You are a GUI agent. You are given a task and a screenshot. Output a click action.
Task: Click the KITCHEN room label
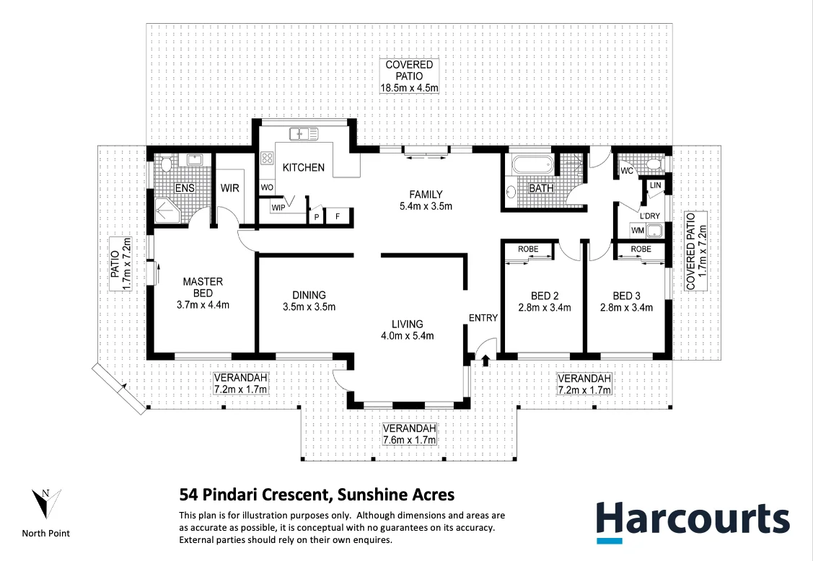point(303,168)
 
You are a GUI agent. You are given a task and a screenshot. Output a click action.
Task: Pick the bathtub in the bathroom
point(532,164)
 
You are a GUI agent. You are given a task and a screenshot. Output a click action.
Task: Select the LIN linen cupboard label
point(654,185)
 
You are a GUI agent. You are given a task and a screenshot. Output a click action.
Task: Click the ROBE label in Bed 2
point(528,249)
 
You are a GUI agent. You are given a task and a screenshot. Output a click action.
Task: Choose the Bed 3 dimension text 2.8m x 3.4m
point(626,307)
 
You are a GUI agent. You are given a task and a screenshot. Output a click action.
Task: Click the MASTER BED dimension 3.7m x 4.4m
point(203,304)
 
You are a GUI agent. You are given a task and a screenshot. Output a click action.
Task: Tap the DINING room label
point(309,295)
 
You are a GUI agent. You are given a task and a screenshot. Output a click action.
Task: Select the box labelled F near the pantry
point(336,216)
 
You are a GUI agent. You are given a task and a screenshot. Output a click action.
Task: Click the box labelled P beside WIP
point(316,216)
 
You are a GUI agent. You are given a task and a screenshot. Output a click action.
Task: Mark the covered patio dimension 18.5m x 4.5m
point(410,88)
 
